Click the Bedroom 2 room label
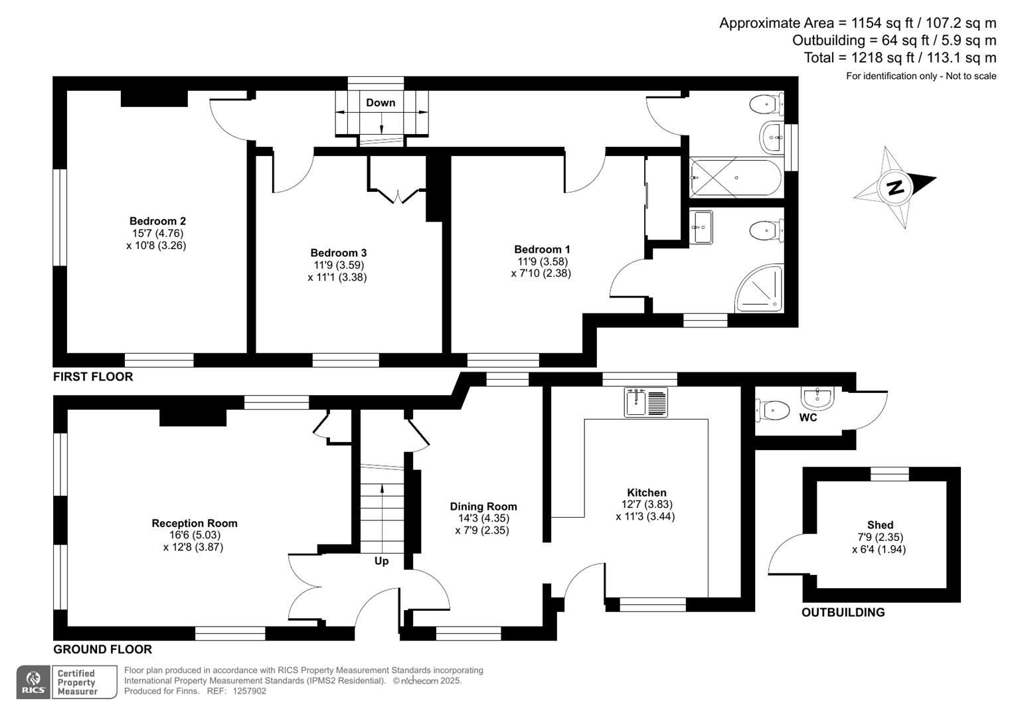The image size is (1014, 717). [x=157, y=221]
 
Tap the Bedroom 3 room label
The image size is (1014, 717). [x=338, y=253]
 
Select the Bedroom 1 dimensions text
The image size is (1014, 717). [x=541, y=267]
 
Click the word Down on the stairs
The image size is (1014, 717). [x=380, y=103]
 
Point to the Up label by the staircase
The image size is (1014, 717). [x=381, y=561]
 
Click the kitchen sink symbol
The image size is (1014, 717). [x=646, y=402]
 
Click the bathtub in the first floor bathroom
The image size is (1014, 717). [x=736, y=178]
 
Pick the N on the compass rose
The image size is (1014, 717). [x=895, y=187]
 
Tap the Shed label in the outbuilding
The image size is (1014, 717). [x=880, y=525]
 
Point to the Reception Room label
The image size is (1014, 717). [x=195, y=523]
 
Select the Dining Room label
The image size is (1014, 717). [x=483, y=507]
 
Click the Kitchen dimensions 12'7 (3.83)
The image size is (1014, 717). [x=646, y=505]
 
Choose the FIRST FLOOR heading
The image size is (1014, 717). [x=93, y=376]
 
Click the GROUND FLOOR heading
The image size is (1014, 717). [x=102, y=649]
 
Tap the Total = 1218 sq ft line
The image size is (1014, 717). [x=900, y=58]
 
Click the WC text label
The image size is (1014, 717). [x=807, y=418]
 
